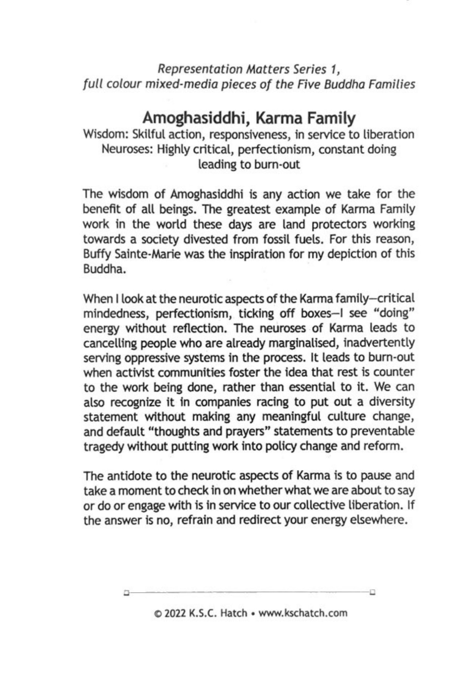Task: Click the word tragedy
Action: click(x=103, y=447)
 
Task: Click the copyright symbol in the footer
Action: click(x=158, y=613)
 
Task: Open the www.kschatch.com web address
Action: click(x=303, y=613)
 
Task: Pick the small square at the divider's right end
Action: click(x=373, y=591)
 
